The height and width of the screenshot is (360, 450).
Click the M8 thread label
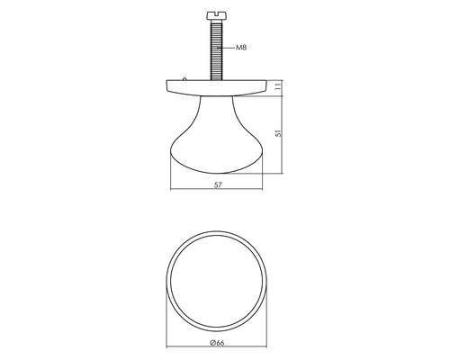pyautogui.click(x=241, y=48)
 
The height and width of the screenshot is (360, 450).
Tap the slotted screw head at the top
pyautogui.click(x=216, y=15)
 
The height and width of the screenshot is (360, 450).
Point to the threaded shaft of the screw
pyautogui.click(x=216, y=49)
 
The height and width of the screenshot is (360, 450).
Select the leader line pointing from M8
pyautogui.click(x=228, y=48)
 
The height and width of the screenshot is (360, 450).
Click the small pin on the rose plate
pyautogui.click(x=184, y=79)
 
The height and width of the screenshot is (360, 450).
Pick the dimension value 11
pyautogui.click(x=278, y=86)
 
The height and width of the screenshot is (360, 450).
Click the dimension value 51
pyautogui.click(x=278, y=133)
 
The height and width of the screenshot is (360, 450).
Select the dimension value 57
pyautogui.click(x=218, y=185)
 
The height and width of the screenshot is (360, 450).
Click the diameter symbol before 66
pyautogui.click(x=212, y=343)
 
